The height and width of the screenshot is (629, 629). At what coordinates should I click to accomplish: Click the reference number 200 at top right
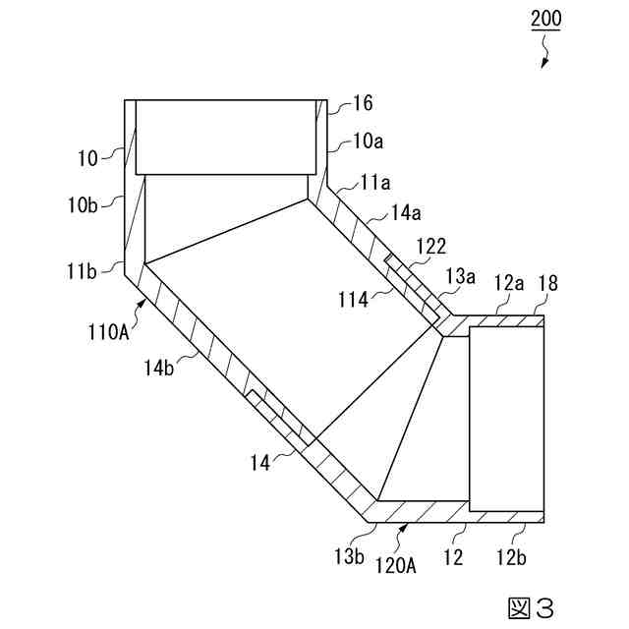click(x=545, y=20)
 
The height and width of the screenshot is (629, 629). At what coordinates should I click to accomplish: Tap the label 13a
click(x=462, y=276)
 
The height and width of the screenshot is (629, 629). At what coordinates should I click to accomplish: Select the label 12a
click(x=508, y=284)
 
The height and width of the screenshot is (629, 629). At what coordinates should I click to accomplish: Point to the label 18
click(x=548, y=284)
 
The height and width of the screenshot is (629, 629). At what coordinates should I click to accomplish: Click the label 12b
click(x=511, y=557)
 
